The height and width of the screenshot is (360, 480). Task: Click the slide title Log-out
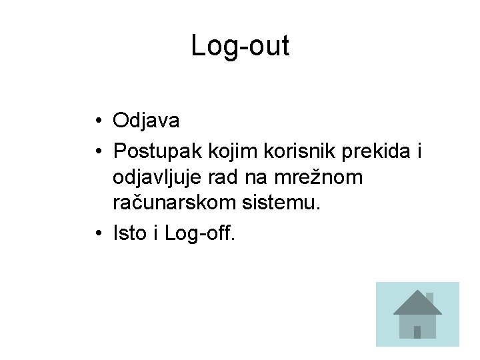pyautogui.click(x=240, y=46)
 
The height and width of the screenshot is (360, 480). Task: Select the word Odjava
pyautogui.click(x=146, y=121)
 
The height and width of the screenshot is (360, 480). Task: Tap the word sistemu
pyautogui.click(x=280, y=203)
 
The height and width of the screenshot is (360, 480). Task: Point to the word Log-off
pyautogui.click(x=199, y=234)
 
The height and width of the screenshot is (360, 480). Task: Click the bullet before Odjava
pyautogui.click(x=97, y=121)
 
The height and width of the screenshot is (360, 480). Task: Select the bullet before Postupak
pyautogui.click(x=97, y=151)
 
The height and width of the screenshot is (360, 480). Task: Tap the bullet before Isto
pyautogui.click(x=97, y=234)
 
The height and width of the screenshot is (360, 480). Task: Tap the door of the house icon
pyautogui.click(x=417, y=331)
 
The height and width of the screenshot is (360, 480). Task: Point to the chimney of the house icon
pyautogui.click(x=430, y=297)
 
